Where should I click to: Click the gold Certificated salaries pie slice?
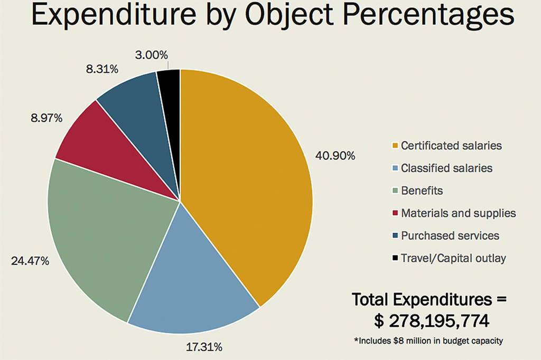click(248, 174)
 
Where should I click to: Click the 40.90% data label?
click(335, 156)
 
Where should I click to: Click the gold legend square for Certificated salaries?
click(395, 146)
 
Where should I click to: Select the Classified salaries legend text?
click(446, 168)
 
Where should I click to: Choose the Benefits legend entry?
click(422, 191)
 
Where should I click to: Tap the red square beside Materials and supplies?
click(395, 213)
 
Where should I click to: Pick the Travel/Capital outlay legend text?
click(453, 258)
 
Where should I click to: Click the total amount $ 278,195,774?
click(430, 321)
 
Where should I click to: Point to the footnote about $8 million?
click(428, 341)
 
